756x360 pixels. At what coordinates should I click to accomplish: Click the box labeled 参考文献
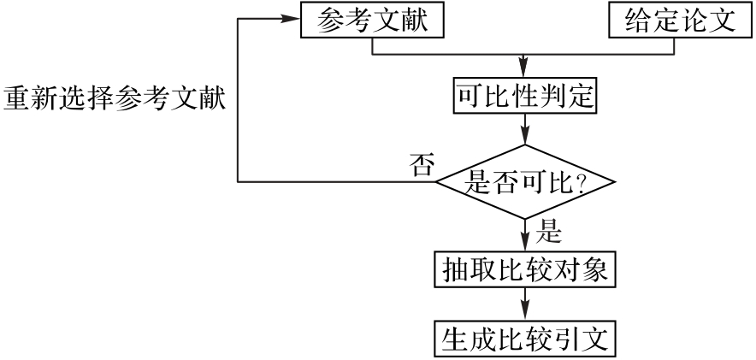click(x=373, y=21)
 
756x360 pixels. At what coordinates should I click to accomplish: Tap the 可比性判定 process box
click(x=523, y=97)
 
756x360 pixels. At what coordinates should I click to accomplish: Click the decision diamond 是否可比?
click(x=524, y=181)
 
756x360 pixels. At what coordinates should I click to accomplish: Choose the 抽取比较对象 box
click(x=524, y=271)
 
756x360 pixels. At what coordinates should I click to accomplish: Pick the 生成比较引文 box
click(x=524, y=338)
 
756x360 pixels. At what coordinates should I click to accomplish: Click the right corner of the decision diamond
click(x=614, y=181)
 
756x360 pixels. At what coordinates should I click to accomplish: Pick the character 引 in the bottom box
click(x=571, y=338)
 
